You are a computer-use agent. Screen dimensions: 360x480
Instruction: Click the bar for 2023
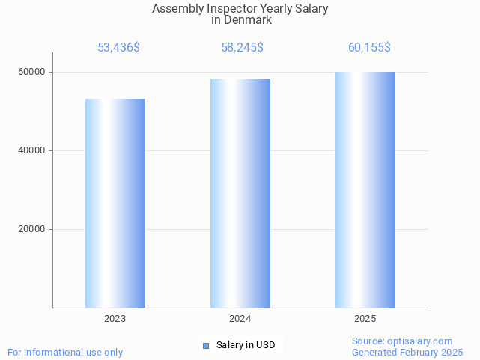tap(115, 203)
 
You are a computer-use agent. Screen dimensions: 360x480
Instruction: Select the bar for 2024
tap(240, 193)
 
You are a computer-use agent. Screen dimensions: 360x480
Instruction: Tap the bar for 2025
tap(365, 189)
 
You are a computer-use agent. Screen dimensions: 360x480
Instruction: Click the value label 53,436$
tap(118, 48)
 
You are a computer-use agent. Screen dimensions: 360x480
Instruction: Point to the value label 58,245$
tap(242, 48)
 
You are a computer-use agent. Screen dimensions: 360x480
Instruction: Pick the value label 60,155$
tap(369, 48)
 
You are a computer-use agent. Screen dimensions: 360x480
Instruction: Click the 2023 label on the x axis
tap(115, 319)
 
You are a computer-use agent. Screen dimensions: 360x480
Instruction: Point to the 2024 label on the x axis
tap(240, 319)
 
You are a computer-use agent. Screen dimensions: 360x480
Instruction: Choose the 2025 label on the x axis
tap(365, 319)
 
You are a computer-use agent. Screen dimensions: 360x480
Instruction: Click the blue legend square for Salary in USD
tap(205, 345)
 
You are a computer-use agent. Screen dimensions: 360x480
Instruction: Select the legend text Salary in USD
tap(246, 345)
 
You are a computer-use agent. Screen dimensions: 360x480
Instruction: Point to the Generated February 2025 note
tap(407, 353)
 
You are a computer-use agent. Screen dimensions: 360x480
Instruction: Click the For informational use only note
tap(65, 353)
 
